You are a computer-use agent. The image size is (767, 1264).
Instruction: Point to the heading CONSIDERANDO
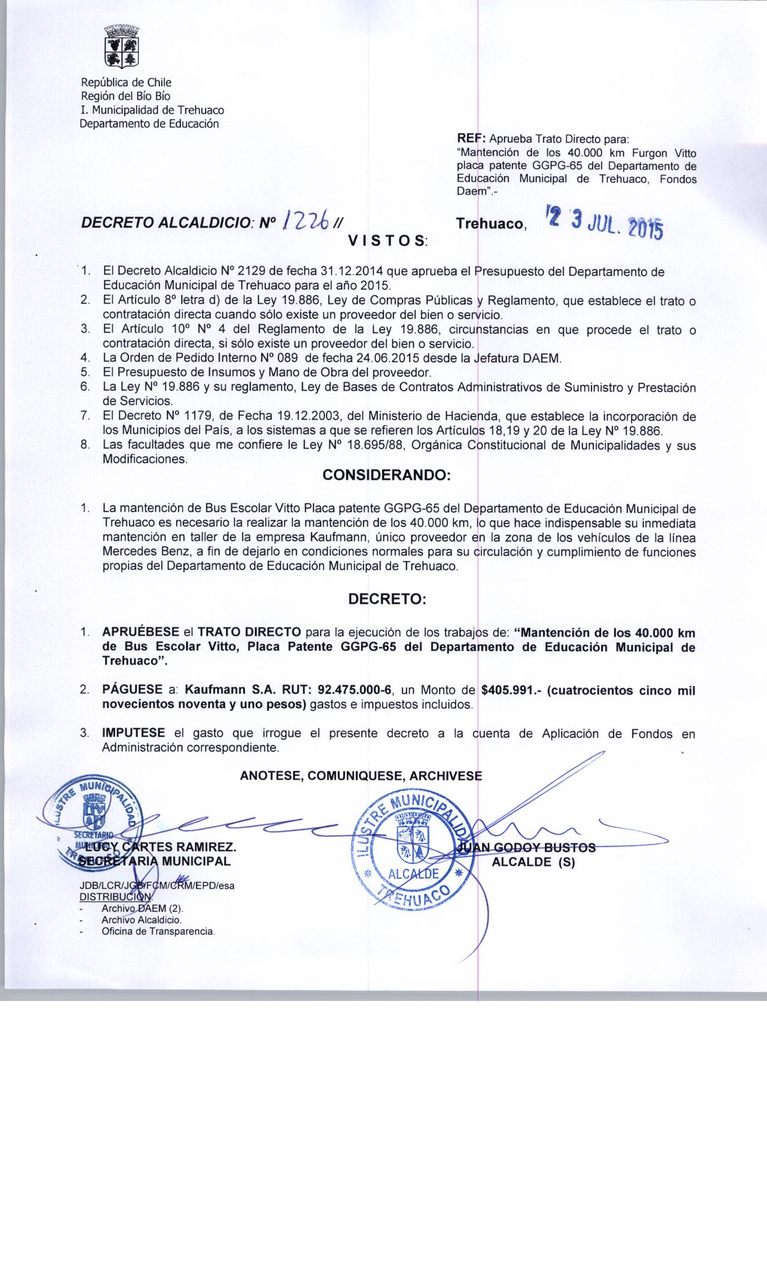coord(387,476)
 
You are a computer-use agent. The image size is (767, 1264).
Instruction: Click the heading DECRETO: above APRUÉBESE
coord(387,599)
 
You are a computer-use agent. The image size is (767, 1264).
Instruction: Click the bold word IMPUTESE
coord(134,733)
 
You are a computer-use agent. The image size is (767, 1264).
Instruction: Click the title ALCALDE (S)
coord(534,861)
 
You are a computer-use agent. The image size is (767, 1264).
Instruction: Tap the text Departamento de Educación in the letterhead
coord(150,124)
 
